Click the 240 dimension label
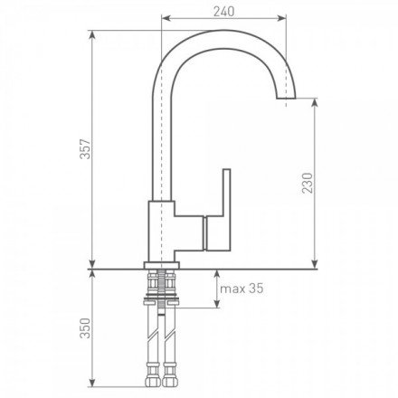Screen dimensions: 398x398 pyautogui.click(x=223, y=12)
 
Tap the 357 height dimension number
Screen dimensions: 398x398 pyautogui.click(x=85, y=149)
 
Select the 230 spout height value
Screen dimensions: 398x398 pyautogui.click(x=308, y=183)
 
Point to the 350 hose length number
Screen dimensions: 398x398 pyautogui.click(x=85, y=328)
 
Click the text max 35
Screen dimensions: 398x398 pyautogui.click(x=242, y=289)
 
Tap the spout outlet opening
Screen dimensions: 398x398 pyautogui.click(x=286, y=98)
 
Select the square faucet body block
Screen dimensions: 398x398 pyautogui.click(x=162, y=232)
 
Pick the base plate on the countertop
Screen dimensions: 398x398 pyautogui.click(x=162, y=265)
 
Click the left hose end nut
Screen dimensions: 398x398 pyautogui.click(x=153, y=382)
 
